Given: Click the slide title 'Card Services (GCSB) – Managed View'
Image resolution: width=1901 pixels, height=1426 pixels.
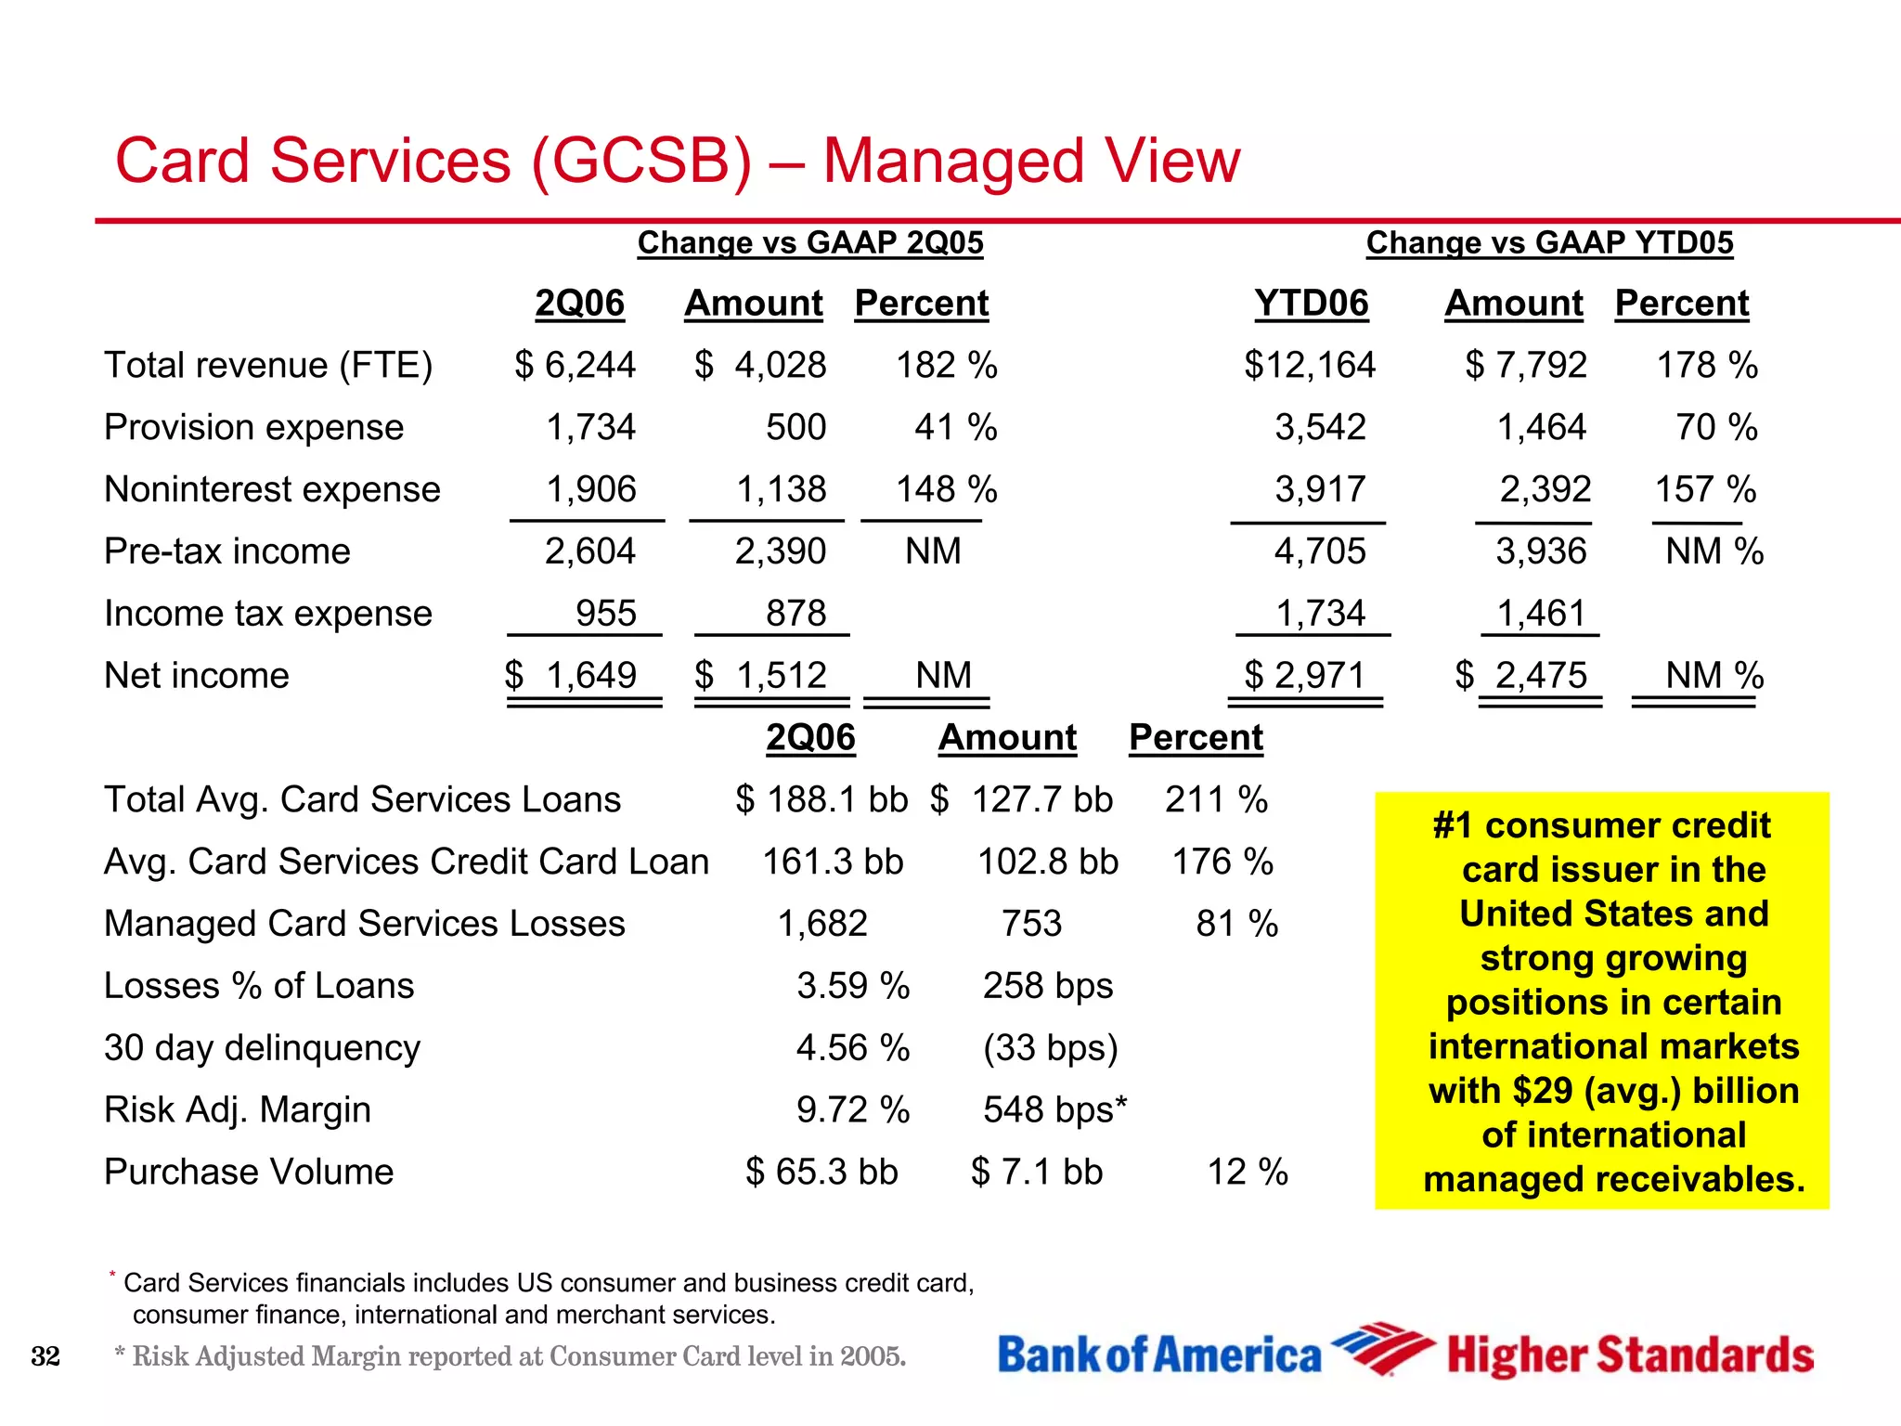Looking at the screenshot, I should coord(677,162).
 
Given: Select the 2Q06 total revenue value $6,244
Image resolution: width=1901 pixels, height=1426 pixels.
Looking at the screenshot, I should coord(575,365).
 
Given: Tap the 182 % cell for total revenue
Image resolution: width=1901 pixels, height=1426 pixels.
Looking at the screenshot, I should coord(946,365).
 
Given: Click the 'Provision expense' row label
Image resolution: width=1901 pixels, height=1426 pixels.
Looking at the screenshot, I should coord(253,427).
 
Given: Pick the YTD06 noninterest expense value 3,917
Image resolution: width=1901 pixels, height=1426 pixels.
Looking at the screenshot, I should coord(1320,489).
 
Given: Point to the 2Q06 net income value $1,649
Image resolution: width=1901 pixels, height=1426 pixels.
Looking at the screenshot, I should coord(571,675).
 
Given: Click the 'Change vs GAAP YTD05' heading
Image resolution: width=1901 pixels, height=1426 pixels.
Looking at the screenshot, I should coord(1549,242).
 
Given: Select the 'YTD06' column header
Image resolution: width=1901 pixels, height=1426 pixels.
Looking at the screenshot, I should coord(1311,304).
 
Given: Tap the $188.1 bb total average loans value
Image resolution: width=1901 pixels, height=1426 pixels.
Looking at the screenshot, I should coord(821,799).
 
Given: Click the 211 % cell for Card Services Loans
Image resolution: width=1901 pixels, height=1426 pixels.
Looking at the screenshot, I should coord(1216,799).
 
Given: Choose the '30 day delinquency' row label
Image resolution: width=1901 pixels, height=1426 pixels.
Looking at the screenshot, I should coord(262,1047).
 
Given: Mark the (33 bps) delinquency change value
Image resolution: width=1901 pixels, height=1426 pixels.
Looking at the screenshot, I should coord(1050,1047).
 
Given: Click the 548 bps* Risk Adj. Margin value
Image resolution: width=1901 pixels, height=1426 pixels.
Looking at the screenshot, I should coord(1054,1109).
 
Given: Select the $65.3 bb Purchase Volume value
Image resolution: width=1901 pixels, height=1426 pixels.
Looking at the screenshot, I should coord(821,1172).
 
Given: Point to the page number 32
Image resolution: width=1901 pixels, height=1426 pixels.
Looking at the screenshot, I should coord(45,1356).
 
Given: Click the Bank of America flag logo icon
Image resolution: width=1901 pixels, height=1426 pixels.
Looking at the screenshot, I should coord(1381,1347).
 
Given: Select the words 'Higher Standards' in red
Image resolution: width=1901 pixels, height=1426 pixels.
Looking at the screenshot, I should coord(1630,1355).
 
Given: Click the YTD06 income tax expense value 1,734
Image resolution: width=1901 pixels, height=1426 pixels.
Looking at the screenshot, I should coord(1320,614).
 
